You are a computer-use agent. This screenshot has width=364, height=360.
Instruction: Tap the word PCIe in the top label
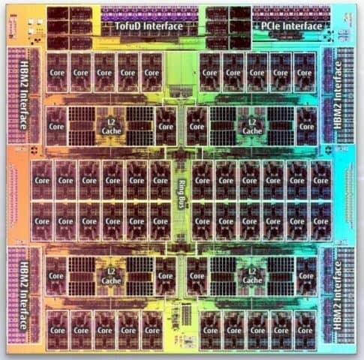click(271, 26)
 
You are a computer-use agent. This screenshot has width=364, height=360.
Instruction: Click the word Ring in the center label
click(182, 187)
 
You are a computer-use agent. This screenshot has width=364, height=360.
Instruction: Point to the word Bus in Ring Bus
click(182, 202)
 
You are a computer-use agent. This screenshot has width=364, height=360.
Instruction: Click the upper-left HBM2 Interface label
click(24, 95)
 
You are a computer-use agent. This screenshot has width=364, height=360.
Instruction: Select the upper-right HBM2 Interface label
click(338, 94)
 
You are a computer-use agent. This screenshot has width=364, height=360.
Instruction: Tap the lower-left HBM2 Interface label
click(24, 295)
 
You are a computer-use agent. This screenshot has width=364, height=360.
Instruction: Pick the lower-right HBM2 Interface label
click(338, 295)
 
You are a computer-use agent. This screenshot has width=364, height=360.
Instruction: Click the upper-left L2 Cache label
click(111, 127)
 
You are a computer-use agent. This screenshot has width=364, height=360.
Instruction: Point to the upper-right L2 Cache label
click(252, 127)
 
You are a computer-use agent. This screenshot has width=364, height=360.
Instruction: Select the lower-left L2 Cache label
click(111, 276)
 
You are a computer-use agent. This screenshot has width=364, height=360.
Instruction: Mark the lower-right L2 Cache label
click(252, 276)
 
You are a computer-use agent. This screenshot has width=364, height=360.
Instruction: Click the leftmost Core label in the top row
click(57, 73)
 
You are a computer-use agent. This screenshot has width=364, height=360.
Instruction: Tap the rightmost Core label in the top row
click(304, 73)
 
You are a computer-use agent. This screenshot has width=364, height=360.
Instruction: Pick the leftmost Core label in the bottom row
click(58, 330)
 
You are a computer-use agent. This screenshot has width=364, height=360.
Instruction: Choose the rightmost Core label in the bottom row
click(305, 330)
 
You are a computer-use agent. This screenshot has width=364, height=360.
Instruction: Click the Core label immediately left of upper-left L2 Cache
click(56, 127)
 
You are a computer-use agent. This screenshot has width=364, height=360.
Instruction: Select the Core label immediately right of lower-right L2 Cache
click(306, 276)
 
